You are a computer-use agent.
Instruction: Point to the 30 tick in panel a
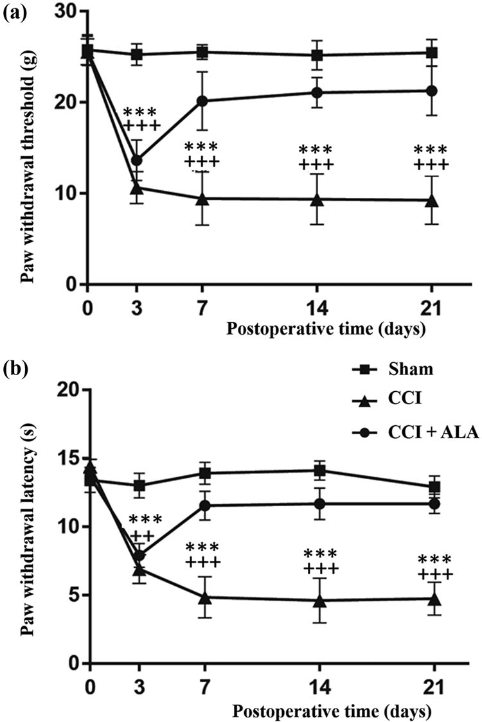pyautogui.click(x=64, y=12)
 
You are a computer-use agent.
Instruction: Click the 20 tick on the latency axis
pyautogui.click(x=64, y=391)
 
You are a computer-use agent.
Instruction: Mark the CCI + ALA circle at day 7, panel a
pyautogui.click(x=202, y=101)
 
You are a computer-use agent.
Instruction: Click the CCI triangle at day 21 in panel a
pyautogui.click(x=432, y=200)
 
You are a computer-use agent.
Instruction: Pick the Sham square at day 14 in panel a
pyautogui.click(x=317, y=55)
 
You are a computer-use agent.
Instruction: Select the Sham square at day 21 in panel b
pyautogui.click(x=434, y=487)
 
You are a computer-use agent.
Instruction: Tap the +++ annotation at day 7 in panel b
pyautogui.click(x=202, y=563)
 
